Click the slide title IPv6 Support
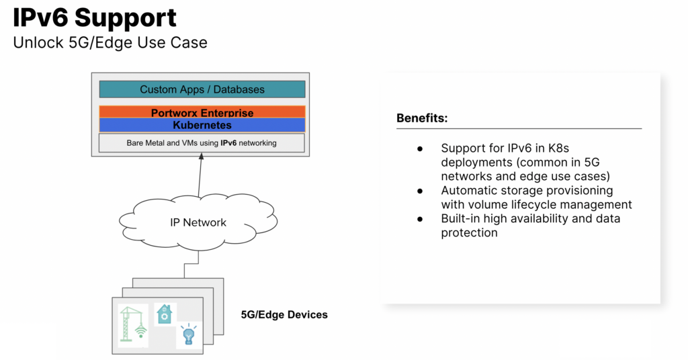click(95, 18)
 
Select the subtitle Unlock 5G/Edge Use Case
click(110, 43)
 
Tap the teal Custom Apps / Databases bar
click(202, 89)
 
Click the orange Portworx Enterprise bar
click(202, 112)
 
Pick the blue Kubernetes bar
click(202, 125)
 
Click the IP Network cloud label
click(198, 223)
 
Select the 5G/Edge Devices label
click(284, 314)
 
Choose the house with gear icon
click(164, 314)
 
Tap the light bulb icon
click(189, 334)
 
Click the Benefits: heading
click(422, 119)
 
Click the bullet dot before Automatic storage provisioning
click(421, 191)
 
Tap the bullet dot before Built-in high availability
click(421, 219)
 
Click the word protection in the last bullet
click(469, 233)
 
